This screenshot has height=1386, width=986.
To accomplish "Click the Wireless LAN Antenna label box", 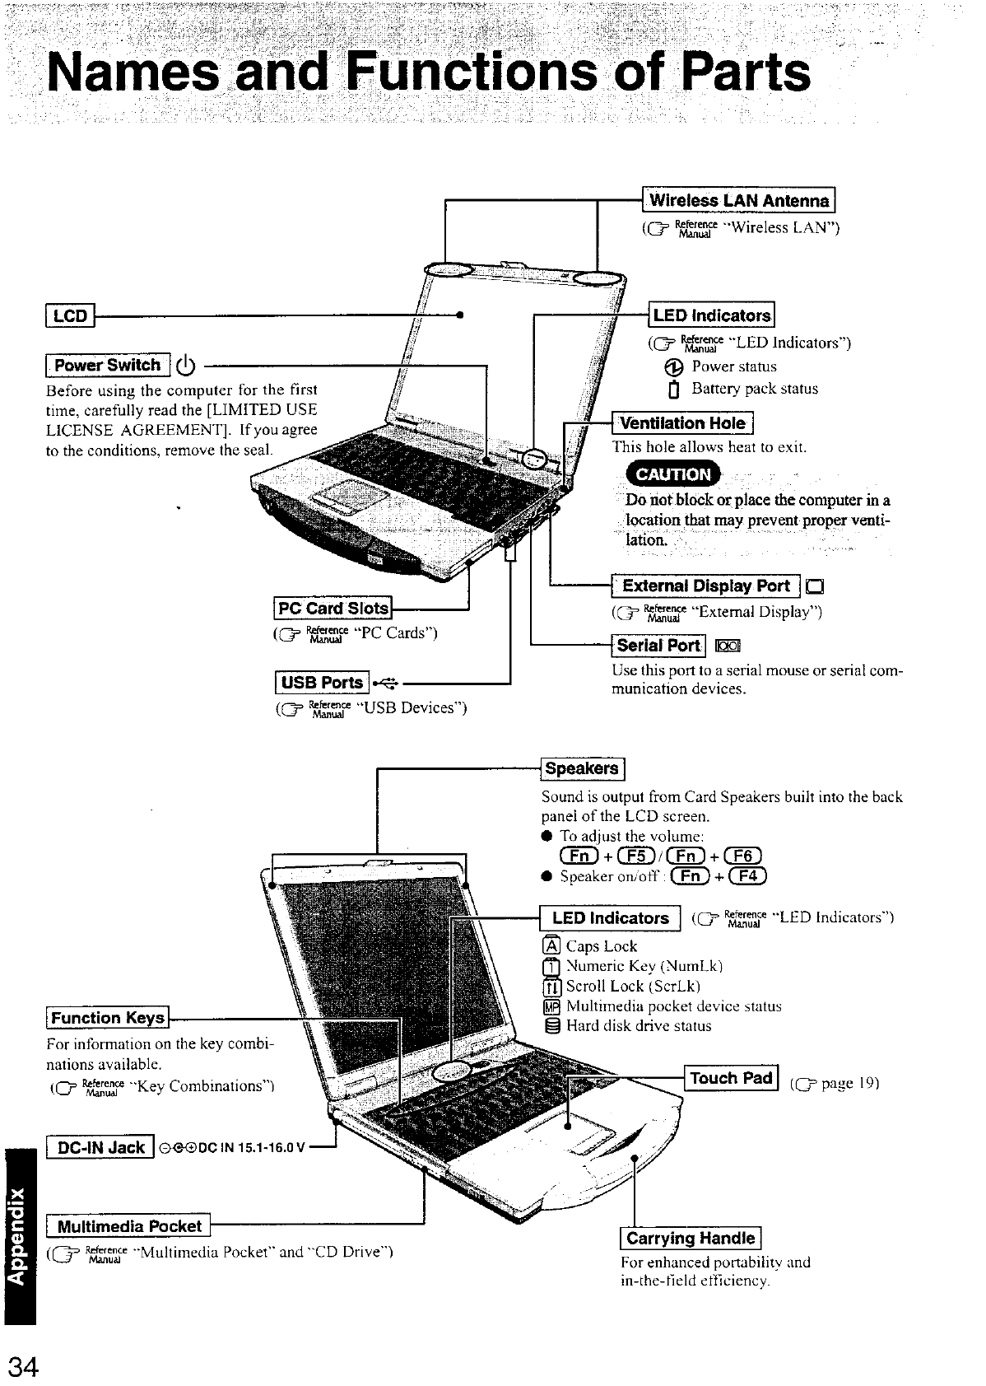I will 739,201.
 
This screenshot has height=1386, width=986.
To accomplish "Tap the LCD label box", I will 70,315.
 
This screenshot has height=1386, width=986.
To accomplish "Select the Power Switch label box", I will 108,365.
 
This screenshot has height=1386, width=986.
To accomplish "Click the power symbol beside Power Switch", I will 186,365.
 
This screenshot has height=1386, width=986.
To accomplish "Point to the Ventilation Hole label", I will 682,423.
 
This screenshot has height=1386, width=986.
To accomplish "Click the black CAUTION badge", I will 672,474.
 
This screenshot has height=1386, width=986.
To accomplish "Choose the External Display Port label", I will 705,586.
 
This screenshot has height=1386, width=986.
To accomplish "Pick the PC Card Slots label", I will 333,609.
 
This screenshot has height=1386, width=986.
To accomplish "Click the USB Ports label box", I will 322,683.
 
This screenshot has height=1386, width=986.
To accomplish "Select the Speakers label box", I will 582,768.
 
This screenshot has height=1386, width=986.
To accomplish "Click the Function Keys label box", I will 108,1018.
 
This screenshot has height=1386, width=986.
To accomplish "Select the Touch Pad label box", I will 731,1078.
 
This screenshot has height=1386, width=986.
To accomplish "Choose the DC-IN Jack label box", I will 100,1147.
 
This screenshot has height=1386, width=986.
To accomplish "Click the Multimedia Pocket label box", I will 129,1226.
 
